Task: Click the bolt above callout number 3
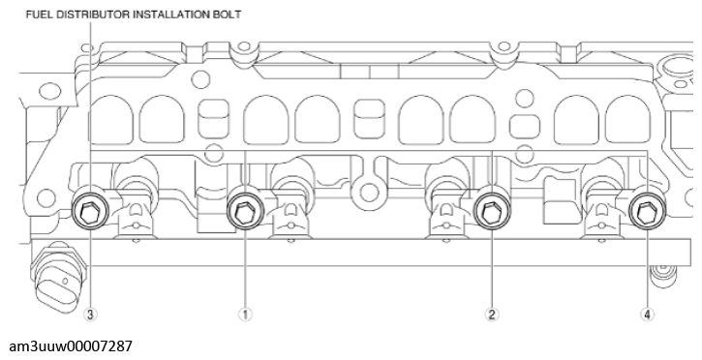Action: (x=90, y=211)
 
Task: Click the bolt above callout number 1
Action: (x=243, y=210)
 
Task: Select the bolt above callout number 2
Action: (x=490, y=210)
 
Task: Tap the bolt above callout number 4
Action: (x=643, y=210)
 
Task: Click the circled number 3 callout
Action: (x=90, y=315)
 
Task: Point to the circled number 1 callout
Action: (x=246, y=315)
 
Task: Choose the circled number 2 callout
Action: (x=492, y=315)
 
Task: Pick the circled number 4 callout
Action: (x=648, y=315)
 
